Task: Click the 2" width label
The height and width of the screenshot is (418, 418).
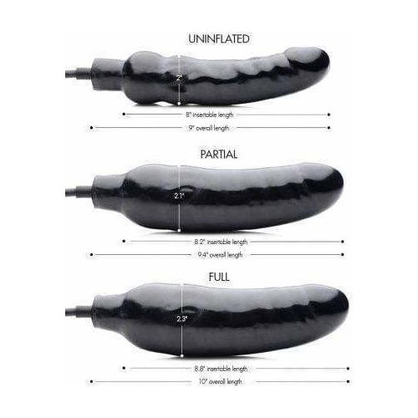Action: point(179,78)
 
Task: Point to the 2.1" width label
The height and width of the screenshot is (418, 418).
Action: point(179,196)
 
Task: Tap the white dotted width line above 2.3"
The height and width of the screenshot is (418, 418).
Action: point(180,301)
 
